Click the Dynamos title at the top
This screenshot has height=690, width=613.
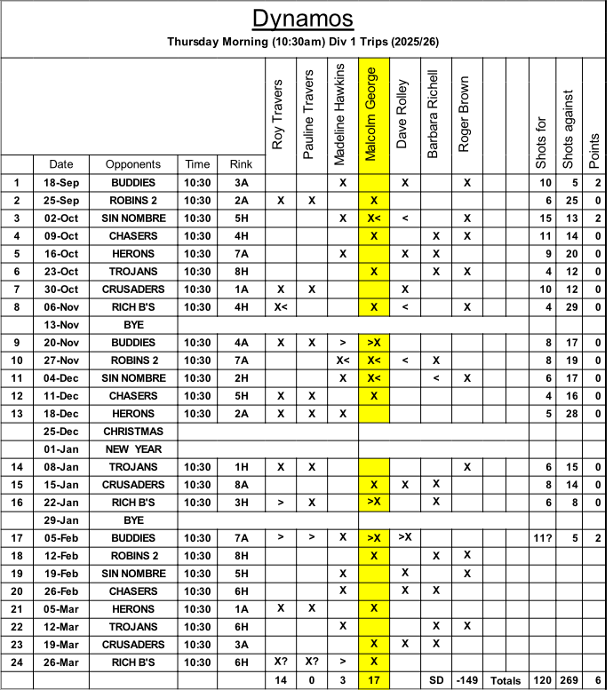click(303, 19)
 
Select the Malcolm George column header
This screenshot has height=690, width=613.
click(373, 114)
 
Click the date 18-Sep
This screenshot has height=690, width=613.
click(61, 182)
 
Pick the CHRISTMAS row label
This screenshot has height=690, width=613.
click(133, 431)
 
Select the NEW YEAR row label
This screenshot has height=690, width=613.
click(133, 448)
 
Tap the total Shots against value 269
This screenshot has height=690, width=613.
click(569, 680)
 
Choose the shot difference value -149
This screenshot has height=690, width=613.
click(467, 680)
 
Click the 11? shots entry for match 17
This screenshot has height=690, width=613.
click(543, 537)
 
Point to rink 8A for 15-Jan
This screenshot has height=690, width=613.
click(241, 484)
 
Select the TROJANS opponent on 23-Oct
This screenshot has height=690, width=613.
click(133, 271)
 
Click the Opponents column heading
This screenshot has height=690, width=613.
click(133, 164)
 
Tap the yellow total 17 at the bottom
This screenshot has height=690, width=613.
click(373, 680)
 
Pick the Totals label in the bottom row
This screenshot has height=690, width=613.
click(506, 680)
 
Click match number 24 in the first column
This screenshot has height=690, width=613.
click(17, 662)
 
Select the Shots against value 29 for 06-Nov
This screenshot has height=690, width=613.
click(569, 306)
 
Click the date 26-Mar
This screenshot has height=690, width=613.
click(61, 662)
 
